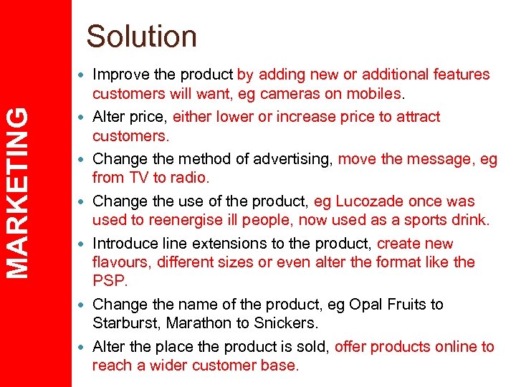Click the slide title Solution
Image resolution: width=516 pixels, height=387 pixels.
coord(141,36)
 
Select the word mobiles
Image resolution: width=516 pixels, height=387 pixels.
coord(373,94)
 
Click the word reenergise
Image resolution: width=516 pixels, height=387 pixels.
coord(193,220)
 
